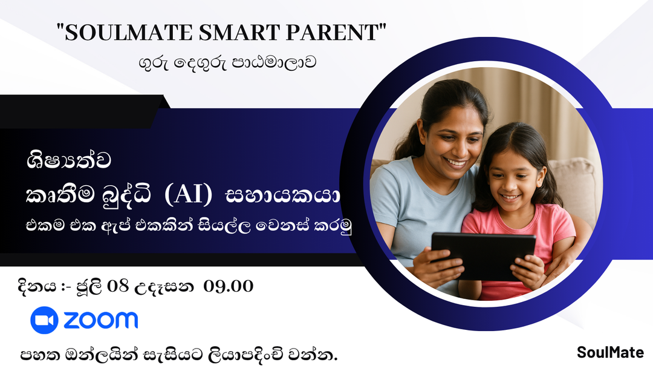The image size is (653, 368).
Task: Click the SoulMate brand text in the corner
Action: [x=610, y=352]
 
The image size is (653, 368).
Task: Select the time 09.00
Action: [x=229, y=286]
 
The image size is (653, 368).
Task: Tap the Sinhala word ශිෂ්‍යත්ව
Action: [x=69, y=162]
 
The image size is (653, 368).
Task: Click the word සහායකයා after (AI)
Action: [x=283, y=196]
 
